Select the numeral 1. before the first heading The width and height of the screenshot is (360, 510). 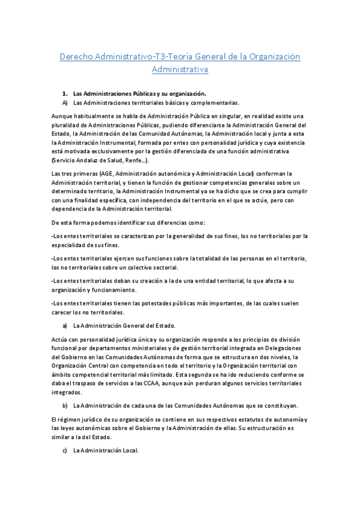65,94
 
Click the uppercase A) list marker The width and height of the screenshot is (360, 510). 65,103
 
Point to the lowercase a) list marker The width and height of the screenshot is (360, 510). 65,325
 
